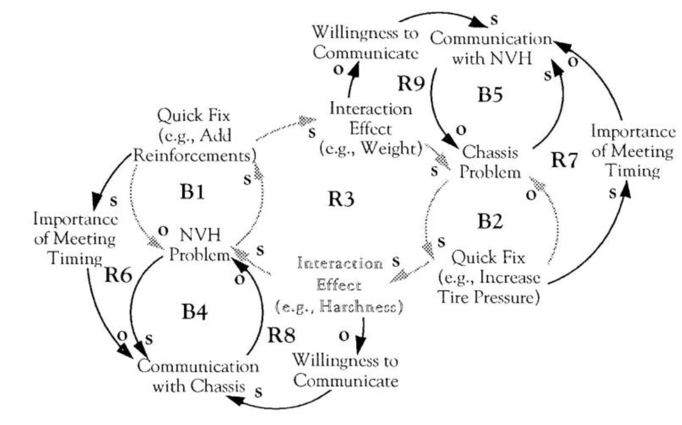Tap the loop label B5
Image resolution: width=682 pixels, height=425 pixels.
click(x=493, y=95)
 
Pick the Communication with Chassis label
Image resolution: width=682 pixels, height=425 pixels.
click(x=198, y=377)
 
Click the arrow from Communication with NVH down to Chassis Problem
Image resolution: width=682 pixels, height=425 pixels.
click(x=437, y=107)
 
